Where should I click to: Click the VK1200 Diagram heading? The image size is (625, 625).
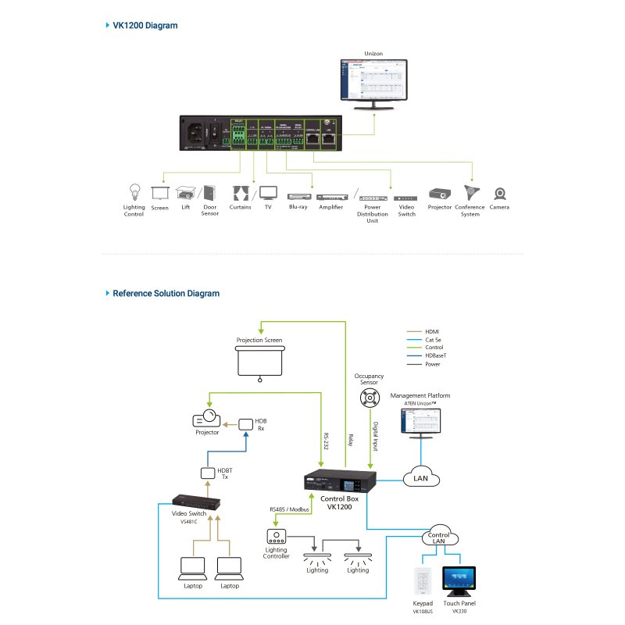coord(145,25)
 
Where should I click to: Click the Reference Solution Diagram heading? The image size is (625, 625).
coord(166,294)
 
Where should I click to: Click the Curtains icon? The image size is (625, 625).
coord(241,193)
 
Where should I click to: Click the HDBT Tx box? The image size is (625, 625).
coord(207,473)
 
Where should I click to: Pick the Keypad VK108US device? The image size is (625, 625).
coord(422,582)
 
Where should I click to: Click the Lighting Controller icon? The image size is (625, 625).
coord(277,537)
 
